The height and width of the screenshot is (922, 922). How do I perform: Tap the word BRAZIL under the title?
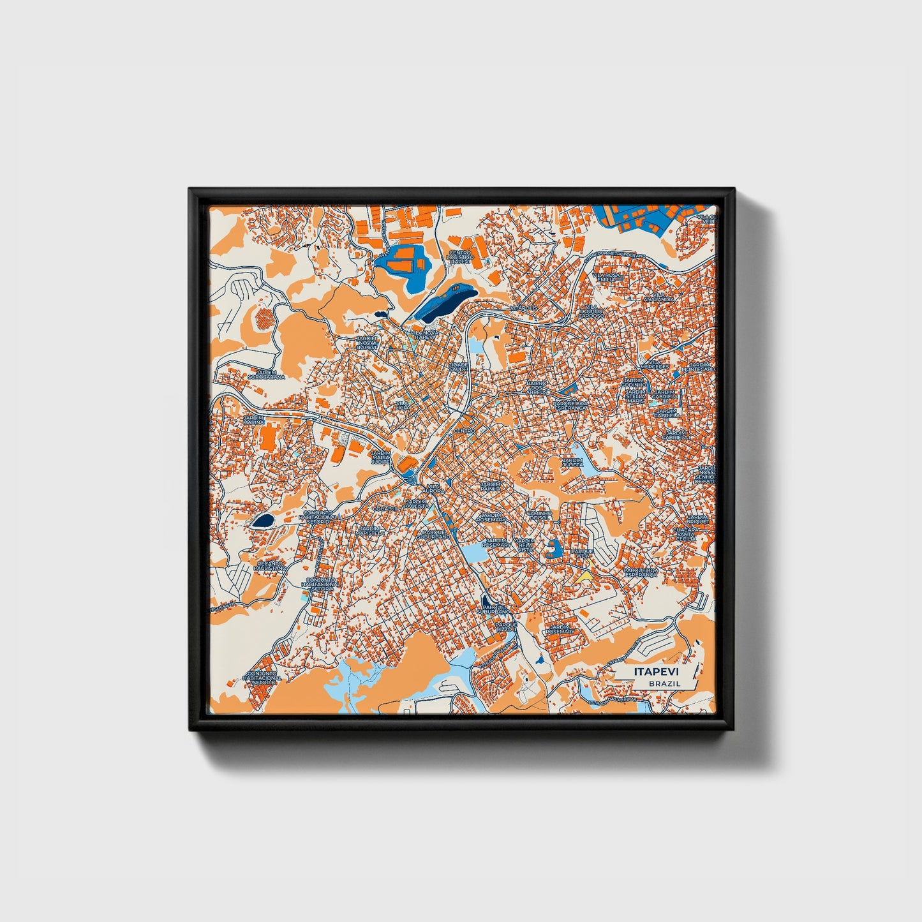[664, 683]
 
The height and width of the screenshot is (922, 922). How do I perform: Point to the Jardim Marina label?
[253, 419]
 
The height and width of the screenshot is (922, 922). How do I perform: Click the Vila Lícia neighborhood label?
[402, 406]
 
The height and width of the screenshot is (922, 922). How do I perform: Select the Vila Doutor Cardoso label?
[591, 313]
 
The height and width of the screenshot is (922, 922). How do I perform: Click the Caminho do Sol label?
[538, 516]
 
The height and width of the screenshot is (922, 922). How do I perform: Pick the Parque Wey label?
[582, 553]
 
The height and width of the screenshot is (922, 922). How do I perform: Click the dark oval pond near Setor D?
[262, 521]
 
